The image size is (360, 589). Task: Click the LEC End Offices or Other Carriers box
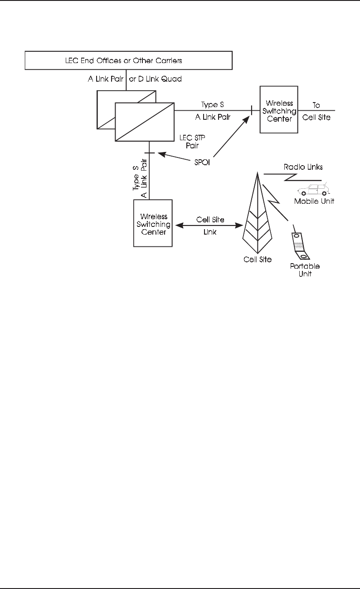point(128,60)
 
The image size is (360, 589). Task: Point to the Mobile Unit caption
point(314,201)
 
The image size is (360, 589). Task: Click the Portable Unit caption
point(305,270)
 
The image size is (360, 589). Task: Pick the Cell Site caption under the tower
point(258,259)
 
